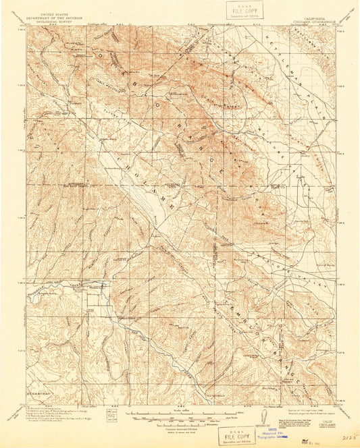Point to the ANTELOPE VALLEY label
(x=290, y=270)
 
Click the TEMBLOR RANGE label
(x=250, y=324)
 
